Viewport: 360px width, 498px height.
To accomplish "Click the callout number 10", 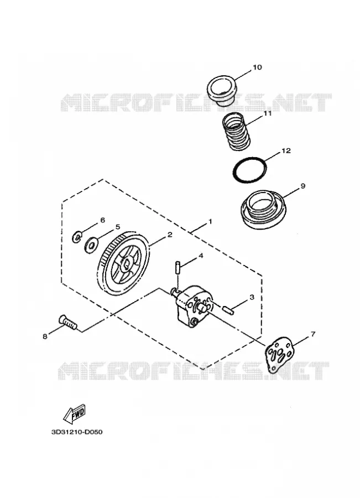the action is (257, 68).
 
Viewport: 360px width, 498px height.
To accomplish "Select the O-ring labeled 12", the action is (249, 170).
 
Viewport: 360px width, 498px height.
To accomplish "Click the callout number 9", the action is (302, 186).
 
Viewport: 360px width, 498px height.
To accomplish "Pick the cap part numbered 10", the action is (222, 90).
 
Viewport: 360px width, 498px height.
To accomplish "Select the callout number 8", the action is (45, 336).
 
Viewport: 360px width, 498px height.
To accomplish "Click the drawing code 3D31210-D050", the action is (77, 432).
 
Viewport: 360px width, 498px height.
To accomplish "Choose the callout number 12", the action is (286, 150).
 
